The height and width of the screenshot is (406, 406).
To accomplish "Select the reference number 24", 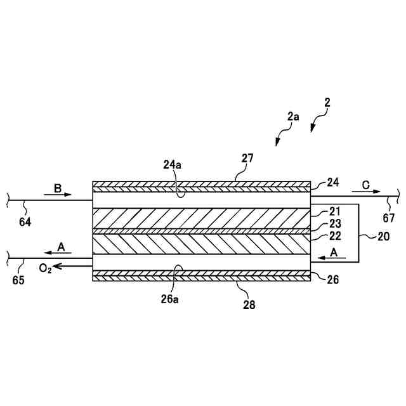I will tap(332, 183).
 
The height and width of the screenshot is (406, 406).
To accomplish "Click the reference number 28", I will tap(249, 304).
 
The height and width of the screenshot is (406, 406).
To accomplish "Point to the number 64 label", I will tap(25, 221).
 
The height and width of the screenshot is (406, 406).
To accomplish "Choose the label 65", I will tap(18, 280).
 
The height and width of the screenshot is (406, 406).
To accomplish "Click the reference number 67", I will tap(388, 218).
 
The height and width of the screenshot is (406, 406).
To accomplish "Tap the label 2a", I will tap(292, 116).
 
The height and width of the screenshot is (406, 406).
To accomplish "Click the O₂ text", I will tap(45, 268).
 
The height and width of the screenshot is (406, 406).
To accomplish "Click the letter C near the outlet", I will tap(366, 184).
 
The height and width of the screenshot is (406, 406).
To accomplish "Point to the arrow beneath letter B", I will tap(61, 195).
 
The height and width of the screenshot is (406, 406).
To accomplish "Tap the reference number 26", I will tap(332, 278).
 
